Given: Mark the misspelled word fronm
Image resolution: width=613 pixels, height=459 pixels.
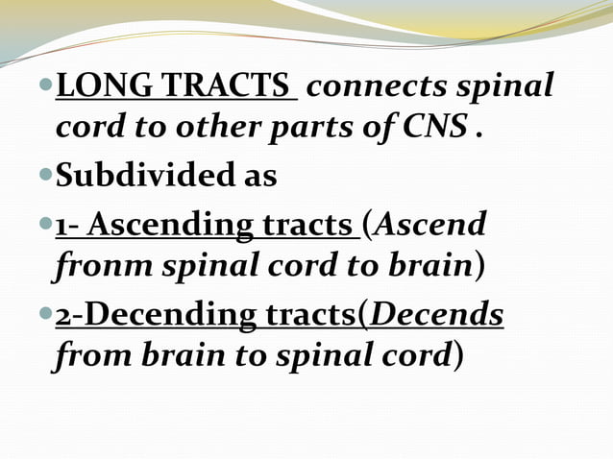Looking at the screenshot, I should (x=94, y=267).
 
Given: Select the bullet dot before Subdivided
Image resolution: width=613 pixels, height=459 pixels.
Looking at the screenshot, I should (x=46, y=177).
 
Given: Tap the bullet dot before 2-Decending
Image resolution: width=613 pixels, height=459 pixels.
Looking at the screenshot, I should (x=46, y=315).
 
